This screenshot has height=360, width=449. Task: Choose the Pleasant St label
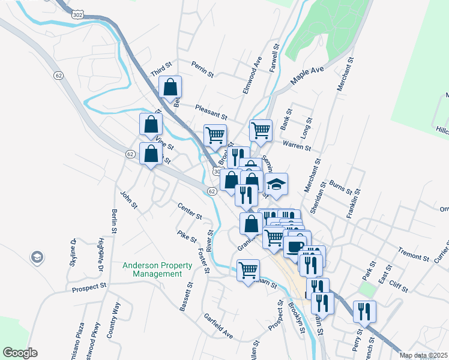point(211,112)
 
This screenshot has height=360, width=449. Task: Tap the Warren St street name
point(297,146)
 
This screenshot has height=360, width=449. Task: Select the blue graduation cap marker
point(276,184)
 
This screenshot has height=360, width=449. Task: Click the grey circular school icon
point(37,257)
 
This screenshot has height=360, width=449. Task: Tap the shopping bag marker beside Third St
point(170,87)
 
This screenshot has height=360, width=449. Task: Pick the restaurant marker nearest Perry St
point(364,311)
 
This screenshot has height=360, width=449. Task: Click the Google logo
point(20,353)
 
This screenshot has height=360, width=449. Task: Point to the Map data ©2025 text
point(424,355)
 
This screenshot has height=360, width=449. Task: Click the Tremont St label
point(414,254)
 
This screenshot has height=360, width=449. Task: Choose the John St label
point(129,200)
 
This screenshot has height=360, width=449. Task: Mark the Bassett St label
point(185,296)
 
